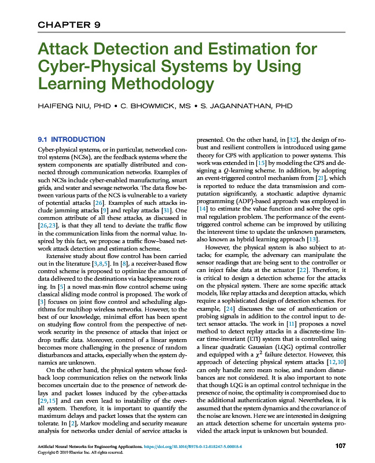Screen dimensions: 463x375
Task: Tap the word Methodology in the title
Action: pyautogui.click(x=153, y=83)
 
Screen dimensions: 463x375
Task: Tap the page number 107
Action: pyautogui.click(x=340, y=446)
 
